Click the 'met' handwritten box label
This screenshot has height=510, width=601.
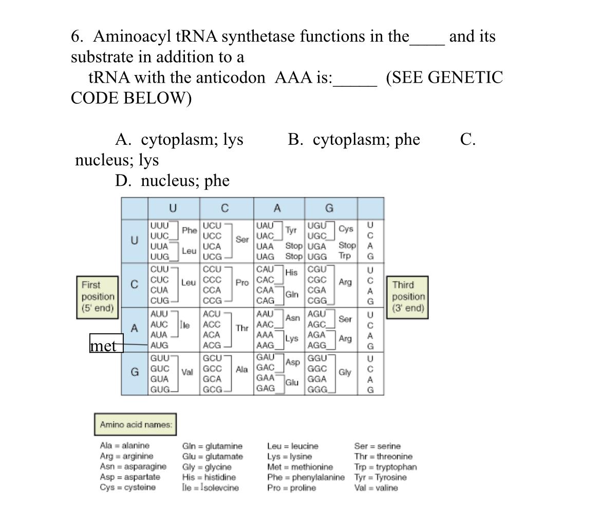[x=106, y=345]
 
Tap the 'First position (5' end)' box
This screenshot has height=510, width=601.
[x=98, y=296]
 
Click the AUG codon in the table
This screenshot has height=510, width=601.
[x=159, y=345]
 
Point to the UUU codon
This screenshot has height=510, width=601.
[x=159, y=225]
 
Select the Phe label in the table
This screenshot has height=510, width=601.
[x=189, y=231]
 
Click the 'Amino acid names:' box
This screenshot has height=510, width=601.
[x=136, y=424]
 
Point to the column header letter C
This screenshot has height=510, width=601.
[x=225, y=209]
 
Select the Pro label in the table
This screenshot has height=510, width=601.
[x=242, y=282]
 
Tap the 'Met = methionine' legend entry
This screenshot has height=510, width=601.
[x=300, y=467]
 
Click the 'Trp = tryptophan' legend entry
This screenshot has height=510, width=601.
[x=385, y=467]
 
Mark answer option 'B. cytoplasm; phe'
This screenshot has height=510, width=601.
[x=354, y=140]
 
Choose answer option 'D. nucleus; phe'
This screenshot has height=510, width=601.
[x=173, y=181]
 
